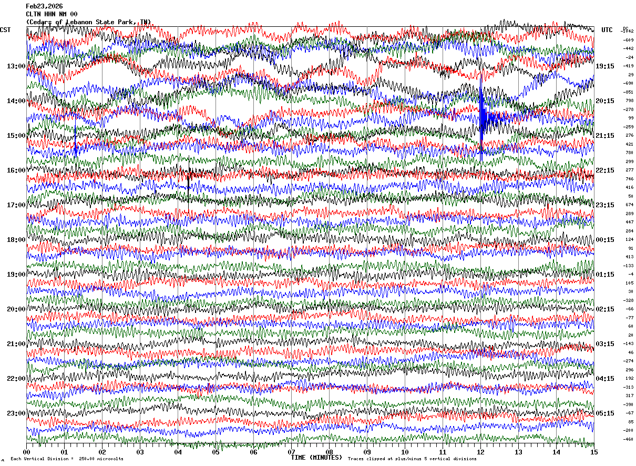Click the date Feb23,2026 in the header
[44, 6]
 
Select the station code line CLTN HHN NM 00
[52, 14]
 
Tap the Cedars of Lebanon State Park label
[88, 22]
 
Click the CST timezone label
[5, 30]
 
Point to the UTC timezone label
[607, 30]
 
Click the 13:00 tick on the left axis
[16, 66]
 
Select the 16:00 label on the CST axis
[16, 170]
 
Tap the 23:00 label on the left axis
[16, 413]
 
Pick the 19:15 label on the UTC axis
[605, 66]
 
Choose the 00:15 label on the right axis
[605, 240]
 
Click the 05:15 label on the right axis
[605, 413]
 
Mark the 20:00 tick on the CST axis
[16, 309]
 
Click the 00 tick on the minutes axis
[26, 452]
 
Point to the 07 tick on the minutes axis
[291, 452]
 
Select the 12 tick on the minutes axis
[480, 452]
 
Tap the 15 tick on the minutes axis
[594, 452]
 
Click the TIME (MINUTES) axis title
[316, 458]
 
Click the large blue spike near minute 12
[481, 118]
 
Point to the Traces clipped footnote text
[412, 459]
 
